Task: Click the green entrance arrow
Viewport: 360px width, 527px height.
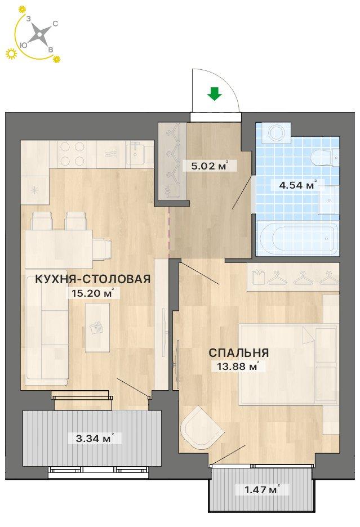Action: (x=214, y=94)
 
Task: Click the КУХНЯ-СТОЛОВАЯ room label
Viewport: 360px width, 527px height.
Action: (x=93, y=279)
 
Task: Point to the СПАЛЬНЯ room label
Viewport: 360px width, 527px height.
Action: (x=239, y=352)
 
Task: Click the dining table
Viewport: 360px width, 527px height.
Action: (x=59, y=244)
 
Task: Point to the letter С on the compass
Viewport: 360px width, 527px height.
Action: (x=56, y=24)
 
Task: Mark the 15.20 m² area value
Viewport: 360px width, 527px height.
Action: (x=91, y=293)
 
